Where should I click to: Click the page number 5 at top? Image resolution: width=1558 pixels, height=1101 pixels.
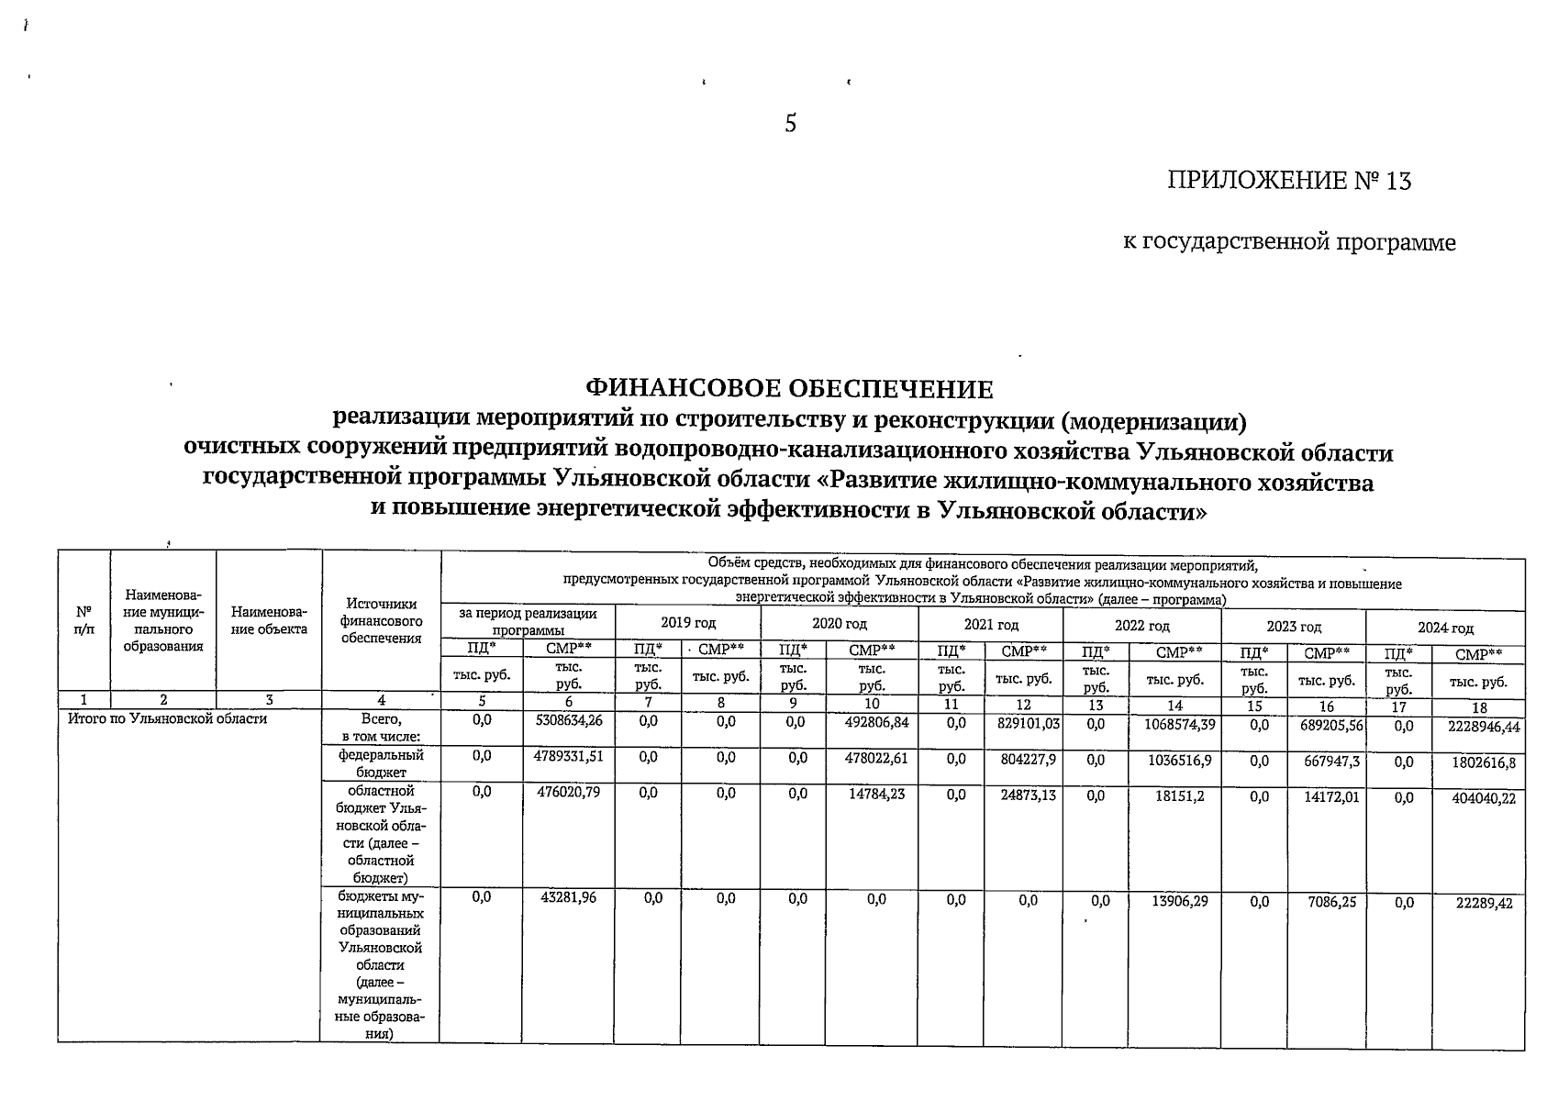790,124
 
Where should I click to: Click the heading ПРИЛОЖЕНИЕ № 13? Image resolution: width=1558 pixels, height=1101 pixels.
1288,181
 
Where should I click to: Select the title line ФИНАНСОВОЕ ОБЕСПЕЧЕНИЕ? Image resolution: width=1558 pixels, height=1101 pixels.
789,389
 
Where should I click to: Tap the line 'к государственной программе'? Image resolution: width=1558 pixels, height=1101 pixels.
1289,242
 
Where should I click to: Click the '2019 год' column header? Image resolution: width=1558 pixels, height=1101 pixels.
688,624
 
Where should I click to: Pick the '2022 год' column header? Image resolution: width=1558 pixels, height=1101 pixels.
1141,626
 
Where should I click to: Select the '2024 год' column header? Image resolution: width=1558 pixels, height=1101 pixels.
1445,628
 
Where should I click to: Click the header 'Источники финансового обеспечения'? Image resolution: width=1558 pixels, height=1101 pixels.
381,620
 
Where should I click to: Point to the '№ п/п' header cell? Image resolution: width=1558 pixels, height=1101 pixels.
84,620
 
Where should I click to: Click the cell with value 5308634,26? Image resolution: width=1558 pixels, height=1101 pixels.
569,721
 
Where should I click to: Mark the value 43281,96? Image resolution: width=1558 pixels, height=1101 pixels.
570,897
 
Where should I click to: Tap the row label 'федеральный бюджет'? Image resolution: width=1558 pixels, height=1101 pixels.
381,763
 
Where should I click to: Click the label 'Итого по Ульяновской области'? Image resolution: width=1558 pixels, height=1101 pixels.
168,718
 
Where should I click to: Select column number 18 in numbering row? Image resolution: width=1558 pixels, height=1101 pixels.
1478,707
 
